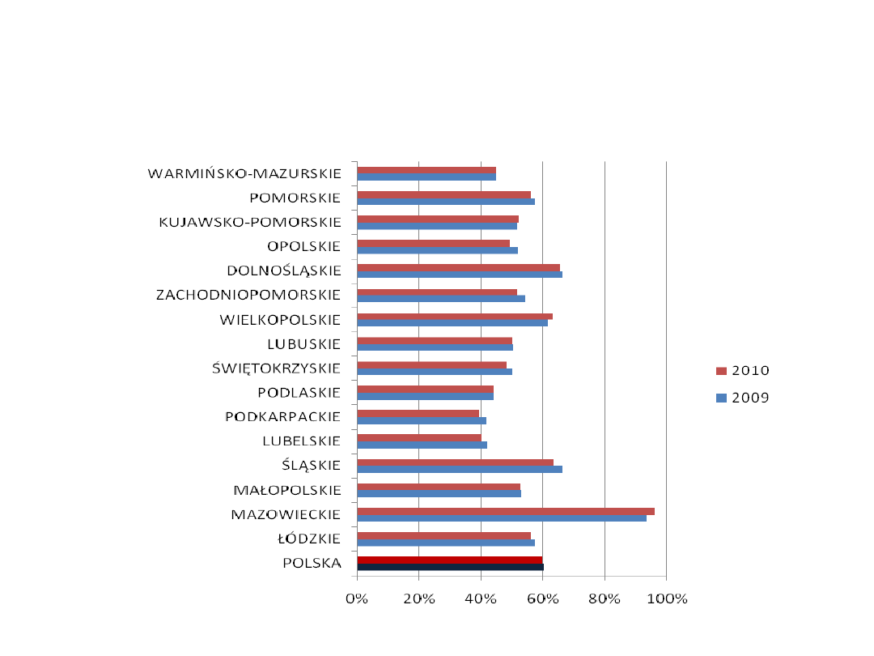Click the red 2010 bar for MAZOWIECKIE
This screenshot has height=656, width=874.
[x=506, y=511]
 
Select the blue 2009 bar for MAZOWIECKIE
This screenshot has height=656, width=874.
[x=502, y=518]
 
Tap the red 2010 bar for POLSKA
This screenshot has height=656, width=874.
[x=450, y=560]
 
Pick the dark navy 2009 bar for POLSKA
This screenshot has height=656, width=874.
[x=450, y=567]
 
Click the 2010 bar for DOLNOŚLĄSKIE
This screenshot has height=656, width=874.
[x=458, y=267]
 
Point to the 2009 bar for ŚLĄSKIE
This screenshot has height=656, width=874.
[x=460, y=470]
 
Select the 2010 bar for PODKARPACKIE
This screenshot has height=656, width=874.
[x=418, y=413]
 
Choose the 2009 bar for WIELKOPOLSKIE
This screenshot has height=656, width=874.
[x=452, y=323]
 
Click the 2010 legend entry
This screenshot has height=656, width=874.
[x=742, y=371]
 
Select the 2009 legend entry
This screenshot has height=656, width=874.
[x=742, y=398]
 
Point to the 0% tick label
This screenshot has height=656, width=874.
[x=357, y=599]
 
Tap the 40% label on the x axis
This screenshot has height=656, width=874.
[x=481, y=599]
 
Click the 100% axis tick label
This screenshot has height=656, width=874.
[x=666, y=599]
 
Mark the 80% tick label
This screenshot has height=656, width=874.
[x=605, y=599]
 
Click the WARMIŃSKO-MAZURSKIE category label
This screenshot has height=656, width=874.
[x=244, y=173]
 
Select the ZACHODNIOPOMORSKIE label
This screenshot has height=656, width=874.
[x=248, y=295]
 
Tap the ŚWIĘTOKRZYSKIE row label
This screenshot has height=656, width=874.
[x=276, y=368]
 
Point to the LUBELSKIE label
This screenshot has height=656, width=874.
[x=301, y=441]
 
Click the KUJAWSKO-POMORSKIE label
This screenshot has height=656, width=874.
[x=250, y=222]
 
